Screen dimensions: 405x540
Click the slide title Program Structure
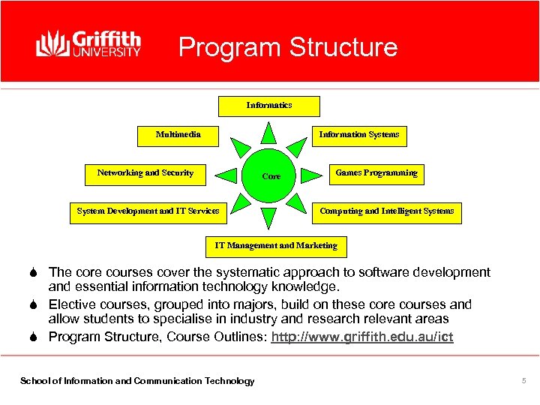[287, 47]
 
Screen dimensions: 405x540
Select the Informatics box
[268, 106]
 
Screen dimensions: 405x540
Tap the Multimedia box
[178, 136]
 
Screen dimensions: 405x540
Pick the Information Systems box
[358, 136]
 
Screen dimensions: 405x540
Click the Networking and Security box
[145, 174]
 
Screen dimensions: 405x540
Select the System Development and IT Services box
[148, 212]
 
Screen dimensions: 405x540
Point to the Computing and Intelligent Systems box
[386, 212]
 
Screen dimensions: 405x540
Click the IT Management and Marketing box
[276, 246]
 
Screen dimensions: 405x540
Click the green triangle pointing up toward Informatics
[269, 133]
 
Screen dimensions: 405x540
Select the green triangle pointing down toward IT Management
[269, 218]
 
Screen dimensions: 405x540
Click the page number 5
[523, 381]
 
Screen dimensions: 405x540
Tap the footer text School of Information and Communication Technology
[136, 381]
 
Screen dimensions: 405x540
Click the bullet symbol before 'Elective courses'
[37, 304]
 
